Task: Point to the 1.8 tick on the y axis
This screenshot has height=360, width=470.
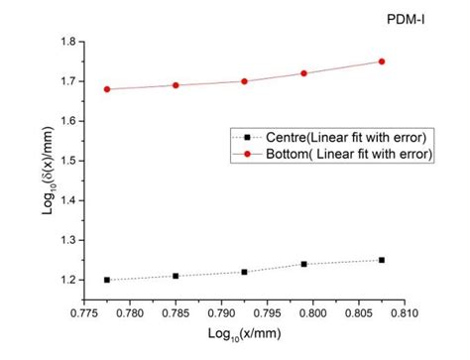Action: coord(60,42)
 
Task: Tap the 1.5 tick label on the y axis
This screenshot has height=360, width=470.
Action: coord(60,161)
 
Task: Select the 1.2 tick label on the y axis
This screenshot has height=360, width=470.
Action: coord(60,280)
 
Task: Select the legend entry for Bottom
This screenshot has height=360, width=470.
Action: coord(331,154)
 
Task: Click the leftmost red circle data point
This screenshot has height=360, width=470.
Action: coord(107,89)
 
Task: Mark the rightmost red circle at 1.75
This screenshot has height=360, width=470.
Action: coord(382,61)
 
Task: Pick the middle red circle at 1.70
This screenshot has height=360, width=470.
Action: coord(244,81)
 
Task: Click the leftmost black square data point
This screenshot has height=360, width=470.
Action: coord(107,280)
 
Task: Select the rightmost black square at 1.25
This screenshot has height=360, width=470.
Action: coord(382,260)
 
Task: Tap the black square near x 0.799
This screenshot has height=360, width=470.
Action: coord(303,264)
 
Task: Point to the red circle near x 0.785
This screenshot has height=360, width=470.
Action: coord(176,85)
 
